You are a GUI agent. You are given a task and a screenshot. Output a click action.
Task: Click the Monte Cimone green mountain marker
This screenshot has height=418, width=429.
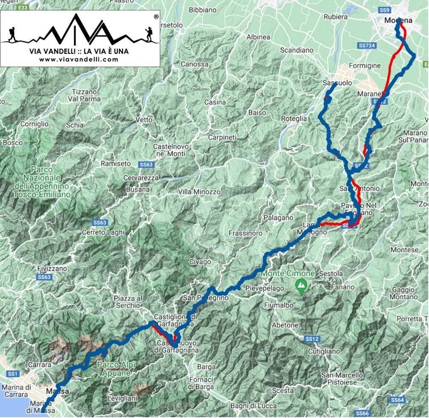301,284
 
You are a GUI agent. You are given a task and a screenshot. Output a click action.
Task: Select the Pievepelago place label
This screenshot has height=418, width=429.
265,289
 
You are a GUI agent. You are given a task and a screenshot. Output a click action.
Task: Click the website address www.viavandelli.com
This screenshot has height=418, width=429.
78,59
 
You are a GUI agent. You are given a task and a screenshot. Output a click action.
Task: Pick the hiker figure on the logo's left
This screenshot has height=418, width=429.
12,34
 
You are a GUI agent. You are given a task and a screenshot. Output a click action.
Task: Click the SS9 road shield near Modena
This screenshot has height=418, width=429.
385,9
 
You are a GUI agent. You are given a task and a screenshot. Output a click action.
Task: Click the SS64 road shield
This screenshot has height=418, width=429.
397,400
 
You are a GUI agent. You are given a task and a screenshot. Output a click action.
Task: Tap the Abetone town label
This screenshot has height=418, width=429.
285,325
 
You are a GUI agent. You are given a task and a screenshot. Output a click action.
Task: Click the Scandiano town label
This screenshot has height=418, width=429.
297,50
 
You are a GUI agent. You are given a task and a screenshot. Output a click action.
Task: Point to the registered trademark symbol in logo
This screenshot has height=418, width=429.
156,16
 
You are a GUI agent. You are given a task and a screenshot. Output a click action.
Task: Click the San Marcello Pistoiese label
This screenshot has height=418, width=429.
343,379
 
